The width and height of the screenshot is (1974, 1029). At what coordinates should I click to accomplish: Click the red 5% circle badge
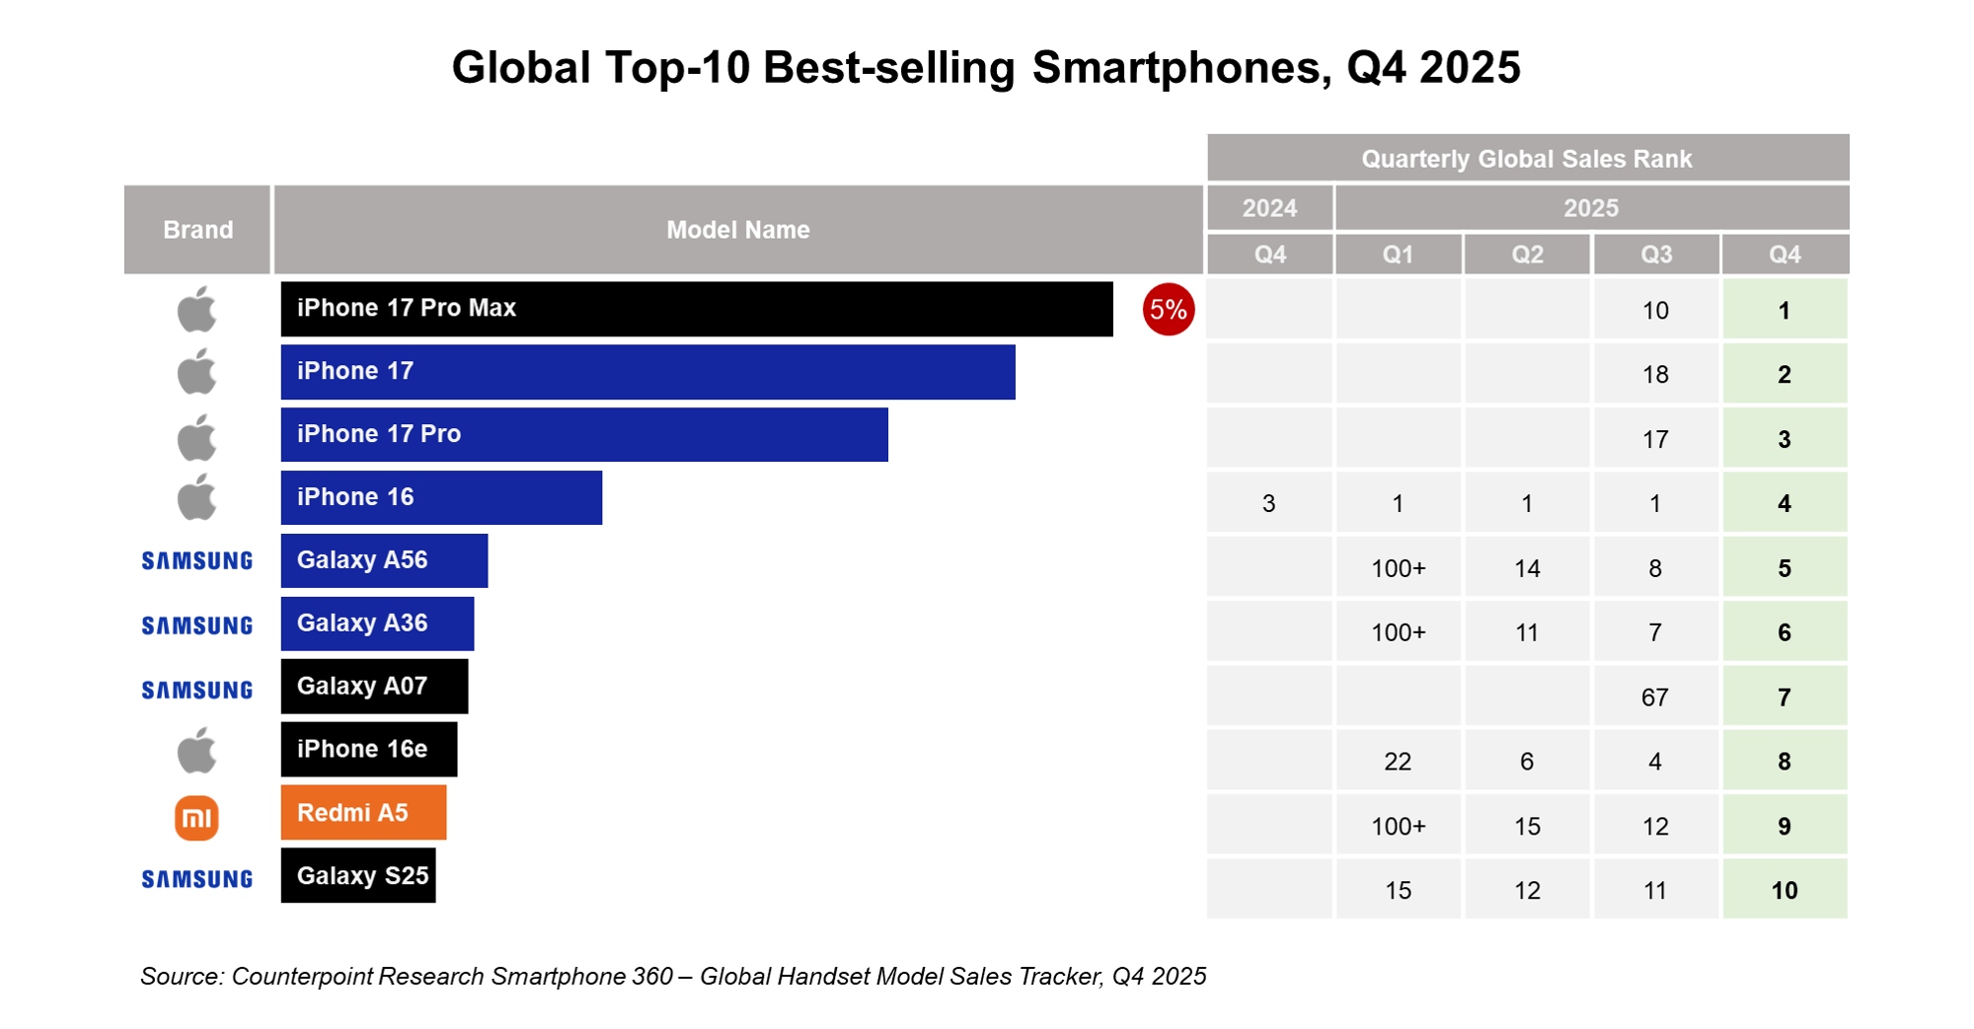(1168, 310)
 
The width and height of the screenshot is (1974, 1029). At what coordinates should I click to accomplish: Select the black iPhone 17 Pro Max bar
(696, 309)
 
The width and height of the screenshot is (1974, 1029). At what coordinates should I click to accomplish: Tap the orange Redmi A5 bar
(363, 813)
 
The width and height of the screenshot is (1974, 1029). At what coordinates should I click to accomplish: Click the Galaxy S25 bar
(357, 875)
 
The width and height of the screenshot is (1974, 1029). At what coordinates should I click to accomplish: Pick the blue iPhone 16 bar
(441, 497)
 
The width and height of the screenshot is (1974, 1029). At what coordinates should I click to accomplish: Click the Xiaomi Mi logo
(196, 818)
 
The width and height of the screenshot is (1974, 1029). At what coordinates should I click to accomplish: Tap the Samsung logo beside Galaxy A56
(196, 560)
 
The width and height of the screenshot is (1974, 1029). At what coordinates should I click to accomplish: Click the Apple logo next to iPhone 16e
(196, 751)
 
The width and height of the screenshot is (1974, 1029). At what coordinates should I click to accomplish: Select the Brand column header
(197, 230)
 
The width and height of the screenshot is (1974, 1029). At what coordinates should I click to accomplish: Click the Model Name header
(737, 230)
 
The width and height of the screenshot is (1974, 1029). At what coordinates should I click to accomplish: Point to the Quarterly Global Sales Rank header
(1526, 159)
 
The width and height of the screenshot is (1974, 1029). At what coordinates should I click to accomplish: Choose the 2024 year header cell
(1269, 208)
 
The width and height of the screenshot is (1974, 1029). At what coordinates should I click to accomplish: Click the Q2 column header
(1527, 255)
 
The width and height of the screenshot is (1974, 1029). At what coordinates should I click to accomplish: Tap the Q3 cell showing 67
(1655, 698)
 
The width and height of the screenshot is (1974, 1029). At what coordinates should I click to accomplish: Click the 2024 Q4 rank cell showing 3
(1269, 504)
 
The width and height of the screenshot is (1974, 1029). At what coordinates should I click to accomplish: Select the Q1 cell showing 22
(1398, 762)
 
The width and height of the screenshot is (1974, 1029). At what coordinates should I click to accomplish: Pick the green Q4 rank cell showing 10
(1784, 890)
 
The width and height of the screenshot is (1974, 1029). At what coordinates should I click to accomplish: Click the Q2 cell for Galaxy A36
(1527, 632)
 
